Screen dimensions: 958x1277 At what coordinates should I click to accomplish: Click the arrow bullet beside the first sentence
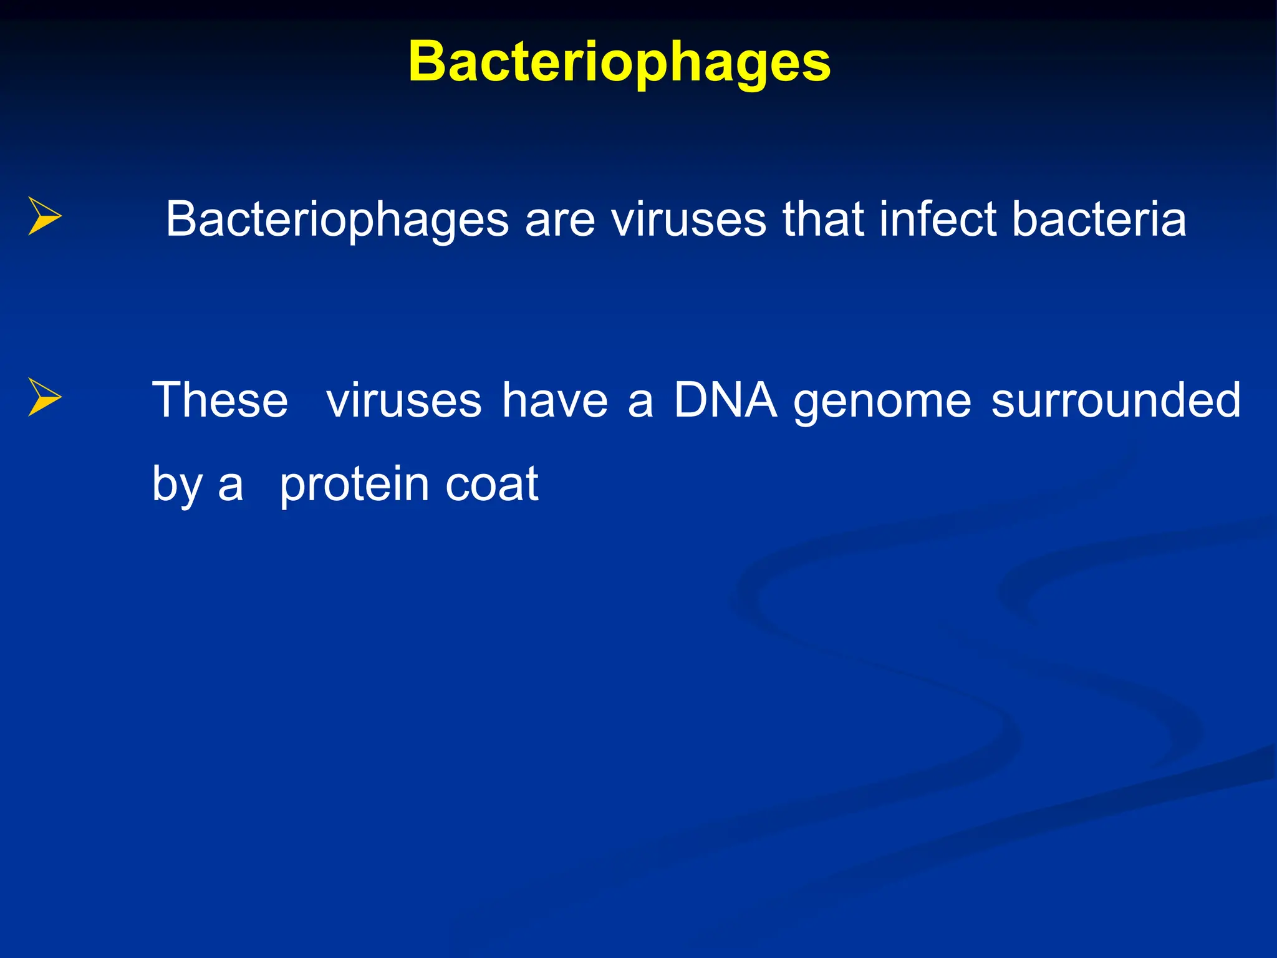(x=45, y=216)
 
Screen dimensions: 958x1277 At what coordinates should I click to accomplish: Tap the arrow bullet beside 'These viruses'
(x=45, y=397)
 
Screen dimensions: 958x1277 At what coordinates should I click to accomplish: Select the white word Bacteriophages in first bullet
(x=337, y=220)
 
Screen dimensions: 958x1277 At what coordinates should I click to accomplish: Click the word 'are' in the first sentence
(x=560, y=220)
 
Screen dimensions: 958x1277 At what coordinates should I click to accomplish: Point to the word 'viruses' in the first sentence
(x=688, y=220)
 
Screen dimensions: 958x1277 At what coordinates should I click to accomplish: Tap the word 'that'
(x=823, y=220)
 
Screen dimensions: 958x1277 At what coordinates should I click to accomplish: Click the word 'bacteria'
(x=1099, y=220)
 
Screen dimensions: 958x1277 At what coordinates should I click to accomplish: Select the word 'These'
(x=220, y=400)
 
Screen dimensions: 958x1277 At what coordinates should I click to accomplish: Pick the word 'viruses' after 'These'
(x=404, y=400)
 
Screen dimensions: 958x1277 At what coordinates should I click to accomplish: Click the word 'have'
(x=555, y=400)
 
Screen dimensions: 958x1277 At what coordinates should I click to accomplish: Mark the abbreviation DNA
(x=726, y=400)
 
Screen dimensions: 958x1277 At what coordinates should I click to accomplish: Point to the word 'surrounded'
(x=1116, y=400)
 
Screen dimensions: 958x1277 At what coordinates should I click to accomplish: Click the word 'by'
(x=177, y=485)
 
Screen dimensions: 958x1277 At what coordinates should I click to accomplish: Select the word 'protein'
(x=354, y=485)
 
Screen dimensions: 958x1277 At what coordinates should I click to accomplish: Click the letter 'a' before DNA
(x=640, y=402)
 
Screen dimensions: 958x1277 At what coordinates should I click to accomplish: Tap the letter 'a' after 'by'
(x=230, y=486)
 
